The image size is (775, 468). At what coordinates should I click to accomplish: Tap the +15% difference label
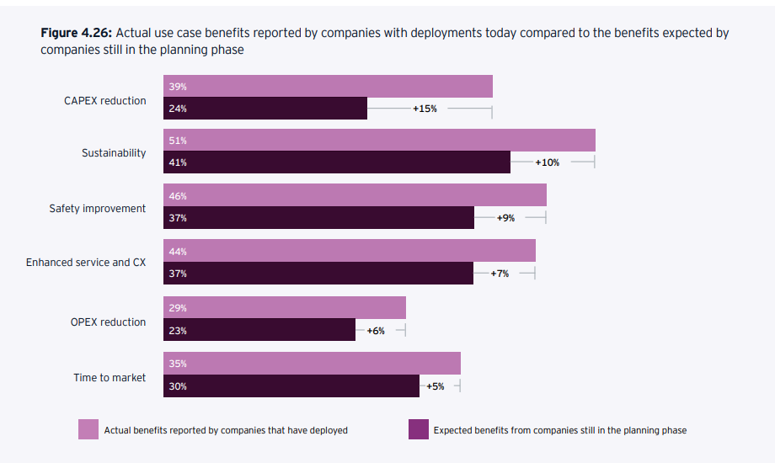pyautogui.click(x=425, y=109)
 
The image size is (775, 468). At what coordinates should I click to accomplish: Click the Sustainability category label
pyautogui.click(x=114, y=153)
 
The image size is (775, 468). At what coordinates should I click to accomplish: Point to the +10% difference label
pyautogui.click(x=548, y=162)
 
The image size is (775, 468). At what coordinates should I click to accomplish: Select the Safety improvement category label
pyautogui.click(x=98, y=209)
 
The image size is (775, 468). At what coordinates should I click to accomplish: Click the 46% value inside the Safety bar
pyautogui.click(x=178, y=196)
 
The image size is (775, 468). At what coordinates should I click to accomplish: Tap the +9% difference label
pyautogui.click(x=505, y=218)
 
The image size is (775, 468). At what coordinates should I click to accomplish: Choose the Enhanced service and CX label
pyautogui.click(x=86, y=263)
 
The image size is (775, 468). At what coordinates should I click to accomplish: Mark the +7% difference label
pyautogui.click(x=500, y=274)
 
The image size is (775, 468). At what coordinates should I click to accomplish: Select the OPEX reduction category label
pyautogui.click(x=108, y=322)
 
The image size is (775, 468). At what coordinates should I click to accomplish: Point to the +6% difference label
pyautogui.click(x=376, y=331)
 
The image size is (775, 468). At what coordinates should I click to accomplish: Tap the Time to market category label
pyautogui.click(x=110, y=378)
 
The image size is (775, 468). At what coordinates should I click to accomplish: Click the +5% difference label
pyautogui.click(x=435, y=386)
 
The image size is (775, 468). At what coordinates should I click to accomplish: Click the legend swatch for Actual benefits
pyautogui.click(x=88, y=429)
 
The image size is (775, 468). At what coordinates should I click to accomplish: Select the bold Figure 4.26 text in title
pyautogui.click(x=76, y=34)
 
